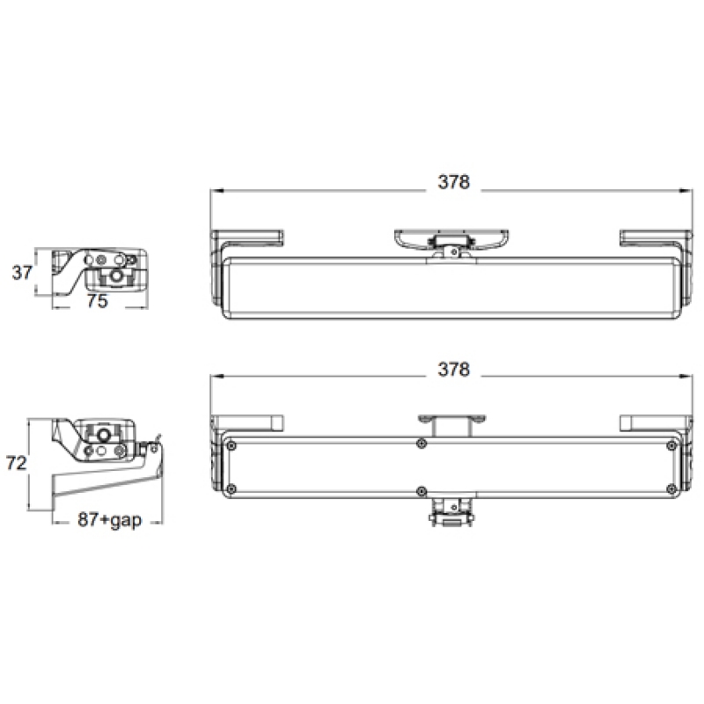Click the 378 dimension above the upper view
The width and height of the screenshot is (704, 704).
tap(454, 182)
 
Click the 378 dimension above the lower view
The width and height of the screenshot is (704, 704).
tap(454, 370)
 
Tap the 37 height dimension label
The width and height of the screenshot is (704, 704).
tap(22, 272)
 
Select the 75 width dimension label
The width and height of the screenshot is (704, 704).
tap(98, 301)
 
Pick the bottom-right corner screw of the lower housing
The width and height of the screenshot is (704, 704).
tap(672, 488)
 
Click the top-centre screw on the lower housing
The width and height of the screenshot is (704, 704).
tap(423, 443)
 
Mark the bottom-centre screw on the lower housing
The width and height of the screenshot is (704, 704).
tap(423, 489)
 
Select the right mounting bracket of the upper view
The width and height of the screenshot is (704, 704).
tap(653, 238)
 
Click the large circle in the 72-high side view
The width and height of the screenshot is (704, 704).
tap(103, 436)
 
